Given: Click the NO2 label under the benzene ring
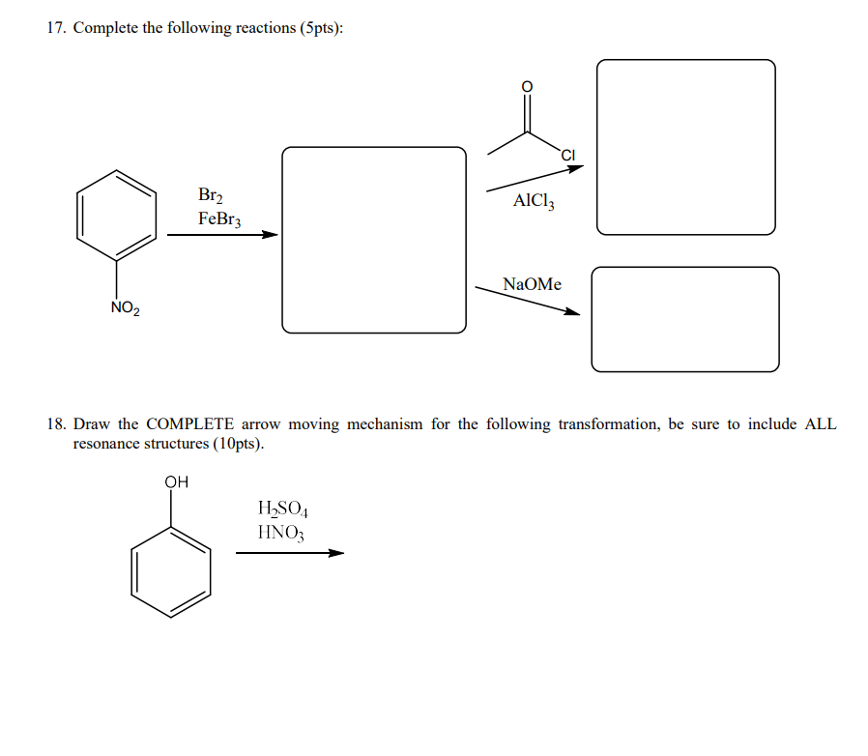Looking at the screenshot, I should pyautogui.click(x=126, y=309).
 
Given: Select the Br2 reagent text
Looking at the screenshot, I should pyautogui.click(x=211, y=195).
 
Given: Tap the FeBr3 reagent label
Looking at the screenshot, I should pyautogui.click(x=219, y=218).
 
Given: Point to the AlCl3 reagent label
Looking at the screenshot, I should pyautogui.click(x=535, y=201).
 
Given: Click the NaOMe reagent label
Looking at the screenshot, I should pyautogui.click(x=532, y=284).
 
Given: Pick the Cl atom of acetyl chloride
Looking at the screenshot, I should pyautogui.click(x=567, y=154).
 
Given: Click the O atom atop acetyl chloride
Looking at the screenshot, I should pyautogui.click(x=527, y=87).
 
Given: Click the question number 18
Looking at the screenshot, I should pyautogui.click(x=56, y=424).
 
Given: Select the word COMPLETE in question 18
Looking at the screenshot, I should pyautogui.click(x=189, y=424).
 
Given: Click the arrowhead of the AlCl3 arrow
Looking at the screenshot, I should pyautogui.click(x=576, y=168).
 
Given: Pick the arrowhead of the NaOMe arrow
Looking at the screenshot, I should pyautogui.click(x=572, y=311).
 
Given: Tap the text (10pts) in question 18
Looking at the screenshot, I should pyautogui.click(x=233, y=444).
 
